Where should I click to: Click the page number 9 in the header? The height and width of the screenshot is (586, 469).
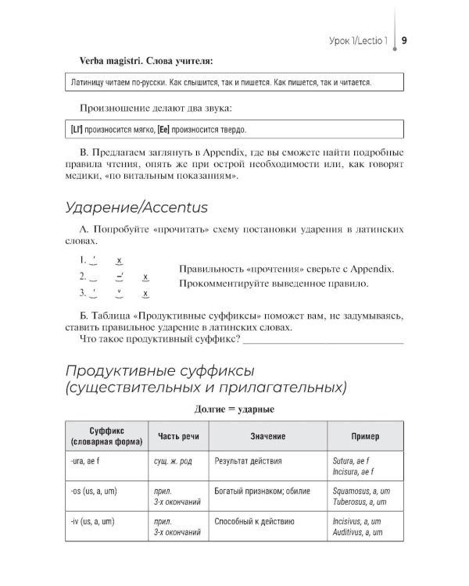[x=405, y=40]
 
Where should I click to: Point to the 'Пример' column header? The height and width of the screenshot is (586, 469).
[x=365, y=436]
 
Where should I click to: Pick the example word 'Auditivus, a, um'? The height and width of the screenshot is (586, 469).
[x=357, y=531]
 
